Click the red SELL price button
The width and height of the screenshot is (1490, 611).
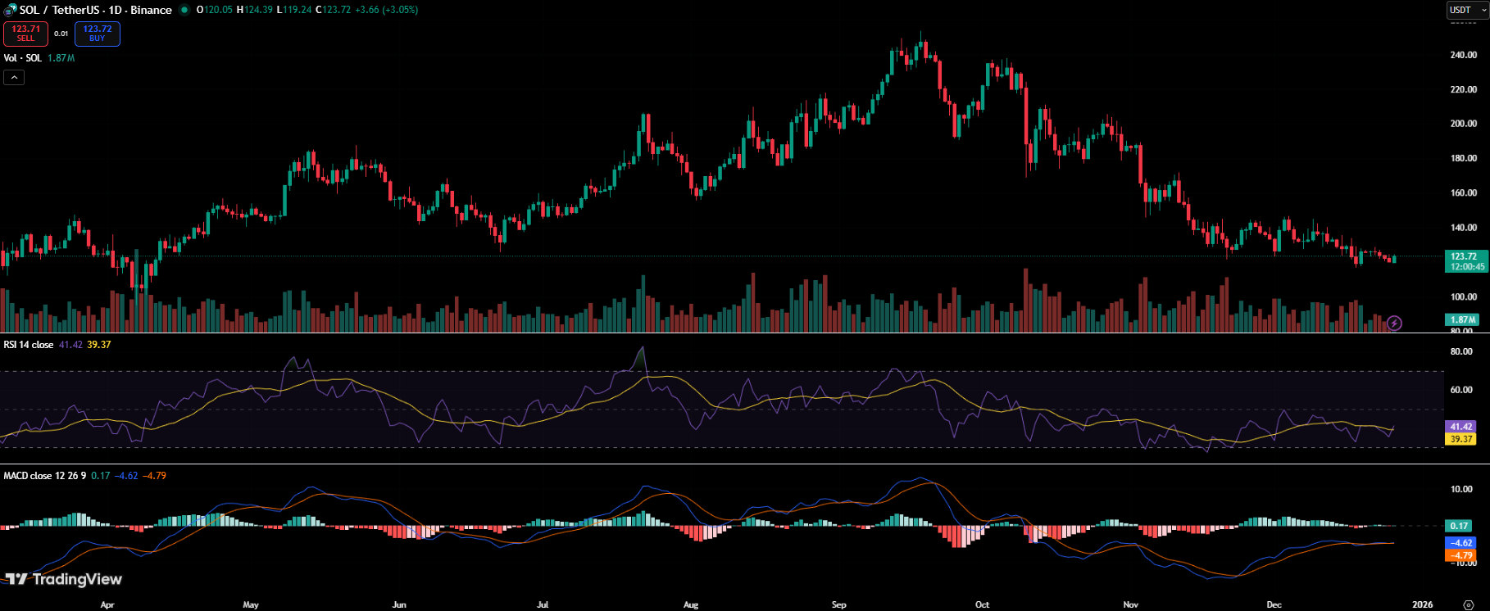pos(25,34)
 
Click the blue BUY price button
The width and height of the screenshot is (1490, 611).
pos(98,34)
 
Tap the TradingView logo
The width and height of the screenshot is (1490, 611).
pos(65,579)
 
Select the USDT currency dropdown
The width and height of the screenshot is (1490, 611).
pos(1466,10)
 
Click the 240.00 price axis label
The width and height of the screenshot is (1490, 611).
pos(1463,55)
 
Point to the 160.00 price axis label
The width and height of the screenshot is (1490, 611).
pos(1463,193)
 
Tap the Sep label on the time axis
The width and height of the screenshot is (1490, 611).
pos(838,604)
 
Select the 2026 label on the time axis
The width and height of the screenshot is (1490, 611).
pos(1423,604)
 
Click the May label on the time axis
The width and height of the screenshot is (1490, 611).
pos(251,604)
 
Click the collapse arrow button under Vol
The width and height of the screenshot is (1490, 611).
pos(14,77)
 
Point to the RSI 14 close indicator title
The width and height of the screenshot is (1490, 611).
pos(29,345)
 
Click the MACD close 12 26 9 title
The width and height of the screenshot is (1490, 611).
pos(44,476)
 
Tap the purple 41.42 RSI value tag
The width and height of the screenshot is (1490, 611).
pos(1460,427)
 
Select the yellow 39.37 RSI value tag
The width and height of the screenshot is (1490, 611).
pos(1460,439)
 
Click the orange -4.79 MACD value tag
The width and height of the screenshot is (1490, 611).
pos(1460,554)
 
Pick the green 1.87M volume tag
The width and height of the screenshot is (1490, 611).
pos(1462,319)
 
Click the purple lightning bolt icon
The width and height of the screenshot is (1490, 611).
pos(1394,324)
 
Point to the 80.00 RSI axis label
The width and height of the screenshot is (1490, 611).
pos(1461,351)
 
